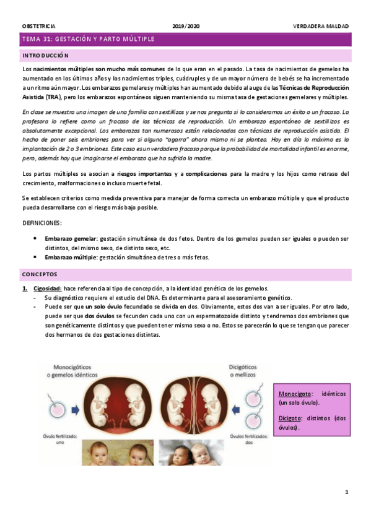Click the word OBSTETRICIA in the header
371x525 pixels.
tap(38, 26)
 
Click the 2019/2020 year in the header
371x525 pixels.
tap(186, 26)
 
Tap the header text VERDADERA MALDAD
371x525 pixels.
tap(321, 26)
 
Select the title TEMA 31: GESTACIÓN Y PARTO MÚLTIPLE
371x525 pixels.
tap(88, 40)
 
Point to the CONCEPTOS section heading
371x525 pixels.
tap(40, 274)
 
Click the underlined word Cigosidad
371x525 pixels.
tap(47, 289)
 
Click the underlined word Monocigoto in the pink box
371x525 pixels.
tap(294, 393)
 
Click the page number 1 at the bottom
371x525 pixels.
tap(347, 492)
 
